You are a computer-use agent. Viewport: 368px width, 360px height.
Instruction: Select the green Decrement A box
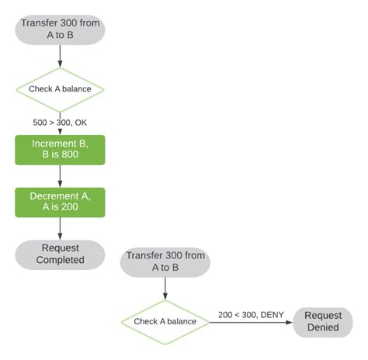point(60,202)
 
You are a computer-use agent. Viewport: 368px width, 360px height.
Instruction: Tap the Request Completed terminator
point(60,254)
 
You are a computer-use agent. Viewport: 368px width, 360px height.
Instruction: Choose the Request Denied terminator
point(322,321)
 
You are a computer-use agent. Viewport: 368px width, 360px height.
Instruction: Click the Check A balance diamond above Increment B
point(60,88)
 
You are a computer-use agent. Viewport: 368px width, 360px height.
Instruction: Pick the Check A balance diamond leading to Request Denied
point(165,322)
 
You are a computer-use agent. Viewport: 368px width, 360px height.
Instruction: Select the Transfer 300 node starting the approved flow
point(60,29)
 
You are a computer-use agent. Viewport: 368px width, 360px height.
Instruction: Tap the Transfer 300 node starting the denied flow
point(165,261)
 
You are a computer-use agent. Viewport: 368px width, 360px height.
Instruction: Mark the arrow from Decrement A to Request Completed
point(60,228)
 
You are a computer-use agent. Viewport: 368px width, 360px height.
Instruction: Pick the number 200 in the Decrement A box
point(70,208)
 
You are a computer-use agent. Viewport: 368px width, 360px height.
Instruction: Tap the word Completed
point(60,260)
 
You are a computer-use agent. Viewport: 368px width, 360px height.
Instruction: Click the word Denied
point(322,327)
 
